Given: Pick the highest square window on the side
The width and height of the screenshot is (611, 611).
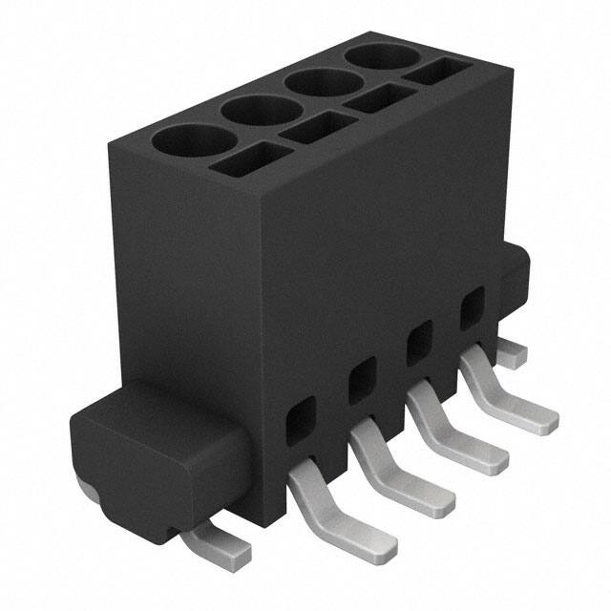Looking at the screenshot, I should click(x=472, y=310).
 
